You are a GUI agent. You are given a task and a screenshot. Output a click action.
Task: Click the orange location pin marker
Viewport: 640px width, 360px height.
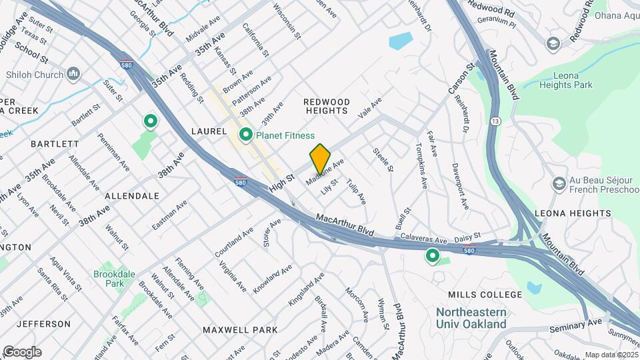pyautogui.click(x=320, y=159)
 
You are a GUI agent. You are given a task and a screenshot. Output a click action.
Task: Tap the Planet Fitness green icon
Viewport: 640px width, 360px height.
pyautogui.click(x=245, y=135)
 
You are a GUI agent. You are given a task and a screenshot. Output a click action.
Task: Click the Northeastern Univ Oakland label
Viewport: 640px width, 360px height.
pyautogui.click(x=471, y=318)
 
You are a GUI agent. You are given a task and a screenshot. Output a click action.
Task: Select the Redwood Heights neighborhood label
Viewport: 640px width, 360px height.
pyautogui.click(x=327, y=106)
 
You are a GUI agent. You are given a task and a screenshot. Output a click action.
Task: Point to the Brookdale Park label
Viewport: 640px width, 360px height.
pyautogui.click(x=109, y=278)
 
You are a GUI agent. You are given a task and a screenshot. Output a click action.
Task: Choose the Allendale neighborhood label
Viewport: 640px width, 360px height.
pyautogui.click(x=132, y=196)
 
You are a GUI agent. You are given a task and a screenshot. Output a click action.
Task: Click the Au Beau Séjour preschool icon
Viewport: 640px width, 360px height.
pyautogui.click(x=559, y=183)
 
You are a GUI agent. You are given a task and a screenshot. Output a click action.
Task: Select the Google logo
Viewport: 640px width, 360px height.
pyautogui.click(x=22, y=351)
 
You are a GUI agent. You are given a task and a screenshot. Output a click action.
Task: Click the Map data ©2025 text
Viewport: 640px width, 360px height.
pyautogui.click(x=611, y=355)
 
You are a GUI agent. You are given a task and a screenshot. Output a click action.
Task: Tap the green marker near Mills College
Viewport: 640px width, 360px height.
pyautogui.click(x=432, y=255)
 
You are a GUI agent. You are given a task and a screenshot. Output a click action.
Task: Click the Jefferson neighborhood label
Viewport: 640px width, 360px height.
pyautogui.click(x=43, y=324)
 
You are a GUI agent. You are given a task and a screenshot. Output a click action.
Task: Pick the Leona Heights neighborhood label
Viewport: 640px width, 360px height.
pyautogui.click(x=573, y=213)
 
